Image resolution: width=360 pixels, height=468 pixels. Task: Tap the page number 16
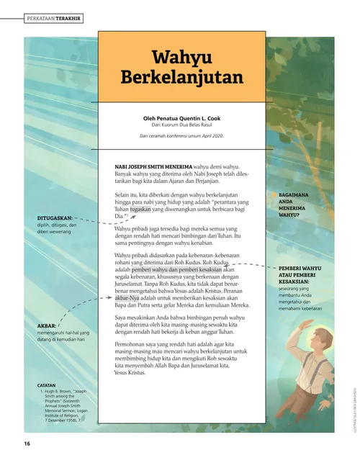point(27,442)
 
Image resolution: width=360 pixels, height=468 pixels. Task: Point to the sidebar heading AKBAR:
point(47,326)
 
